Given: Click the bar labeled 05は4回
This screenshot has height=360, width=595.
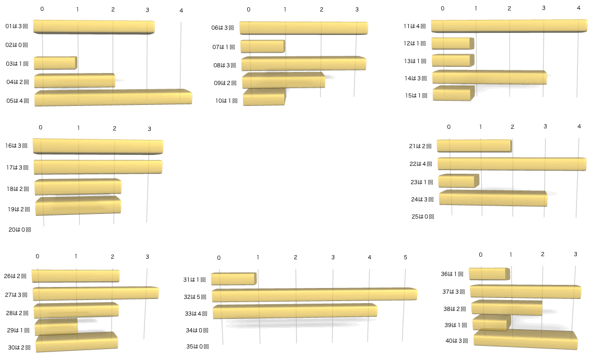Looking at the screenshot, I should point(113,99).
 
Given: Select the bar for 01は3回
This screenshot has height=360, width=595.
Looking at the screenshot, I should point(94,27).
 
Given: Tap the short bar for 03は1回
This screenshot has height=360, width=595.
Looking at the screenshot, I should point(55,63).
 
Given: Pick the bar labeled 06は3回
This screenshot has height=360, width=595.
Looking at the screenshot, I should point(303,28).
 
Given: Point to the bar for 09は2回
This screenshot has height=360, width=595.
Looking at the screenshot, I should point(283,81).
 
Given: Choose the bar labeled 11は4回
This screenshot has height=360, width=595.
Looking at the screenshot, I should point(509,26).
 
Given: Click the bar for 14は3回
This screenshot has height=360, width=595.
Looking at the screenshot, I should point(489,78).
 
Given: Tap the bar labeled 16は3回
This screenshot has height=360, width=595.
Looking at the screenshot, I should point(98,147).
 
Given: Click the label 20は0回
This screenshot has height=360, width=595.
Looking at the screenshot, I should point(20,229).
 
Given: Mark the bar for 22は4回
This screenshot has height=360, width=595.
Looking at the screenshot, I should point(512,164).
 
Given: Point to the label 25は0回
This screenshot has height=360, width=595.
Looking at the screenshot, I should point(423,217).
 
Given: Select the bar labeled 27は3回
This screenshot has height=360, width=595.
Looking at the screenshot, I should point(95,293).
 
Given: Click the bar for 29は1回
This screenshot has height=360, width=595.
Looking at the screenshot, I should point(56,328).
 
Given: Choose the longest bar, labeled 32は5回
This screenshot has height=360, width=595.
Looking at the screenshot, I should point(314,295).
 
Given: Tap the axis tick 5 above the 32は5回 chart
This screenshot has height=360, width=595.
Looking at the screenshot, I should point(405,258).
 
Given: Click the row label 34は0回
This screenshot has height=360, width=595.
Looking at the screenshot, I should point(197,330).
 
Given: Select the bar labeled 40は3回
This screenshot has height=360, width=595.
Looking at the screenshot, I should point(525,340).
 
